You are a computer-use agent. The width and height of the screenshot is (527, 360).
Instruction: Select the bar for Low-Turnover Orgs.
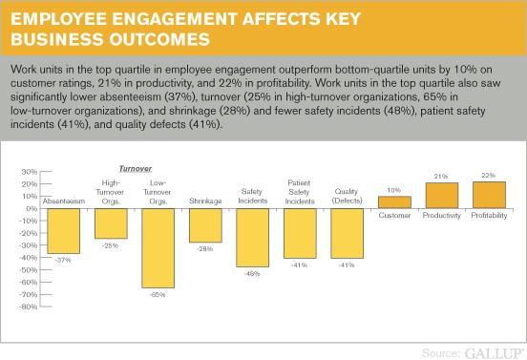point(158,247)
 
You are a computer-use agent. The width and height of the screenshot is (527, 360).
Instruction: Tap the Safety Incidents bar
point(253,237)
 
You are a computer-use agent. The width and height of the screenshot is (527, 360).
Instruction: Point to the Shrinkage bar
point(206,225)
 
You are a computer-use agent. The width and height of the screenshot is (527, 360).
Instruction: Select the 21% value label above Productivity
point(441,176)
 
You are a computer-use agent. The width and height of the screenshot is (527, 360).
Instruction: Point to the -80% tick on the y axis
point(27,307)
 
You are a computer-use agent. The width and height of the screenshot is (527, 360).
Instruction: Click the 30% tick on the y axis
point(28,172)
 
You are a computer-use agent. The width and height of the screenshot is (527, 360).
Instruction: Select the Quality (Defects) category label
point(347,197)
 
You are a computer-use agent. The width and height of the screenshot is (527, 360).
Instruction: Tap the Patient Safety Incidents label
point(300,192)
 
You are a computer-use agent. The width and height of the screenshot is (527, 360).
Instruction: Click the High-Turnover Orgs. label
point(112,192)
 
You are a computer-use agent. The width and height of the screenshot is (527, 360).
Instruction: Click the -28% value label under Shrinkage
point(206,248)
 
